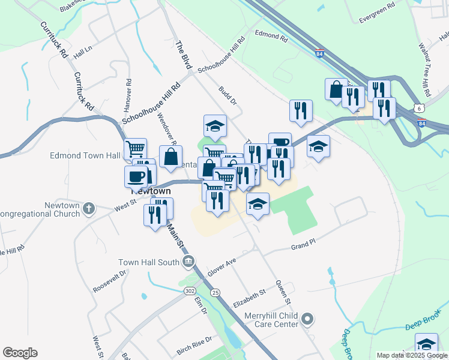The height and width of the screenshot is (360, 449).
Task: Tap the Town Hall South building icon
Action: (188, 261)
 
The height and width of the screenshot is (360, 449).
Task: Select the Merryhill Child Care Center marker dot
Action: (308, 319)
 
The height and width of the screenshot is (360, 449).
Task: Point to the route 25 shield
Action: (215, 292)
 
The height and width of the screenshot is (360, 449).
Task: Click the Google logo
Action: (20, 353)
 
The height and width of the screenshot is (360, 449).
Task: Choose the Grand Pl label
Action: (303, 246)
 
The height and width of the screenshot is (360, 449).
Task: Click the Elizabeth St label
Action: (249, 295)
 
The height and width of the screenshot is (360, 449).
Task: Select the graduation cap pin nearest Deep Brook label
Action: (427, 344)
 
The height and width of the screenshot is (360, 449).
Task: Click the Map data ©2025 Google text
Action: (412, 355)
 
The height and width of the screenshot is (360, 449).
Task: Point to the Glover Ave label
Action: (223, 263)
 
